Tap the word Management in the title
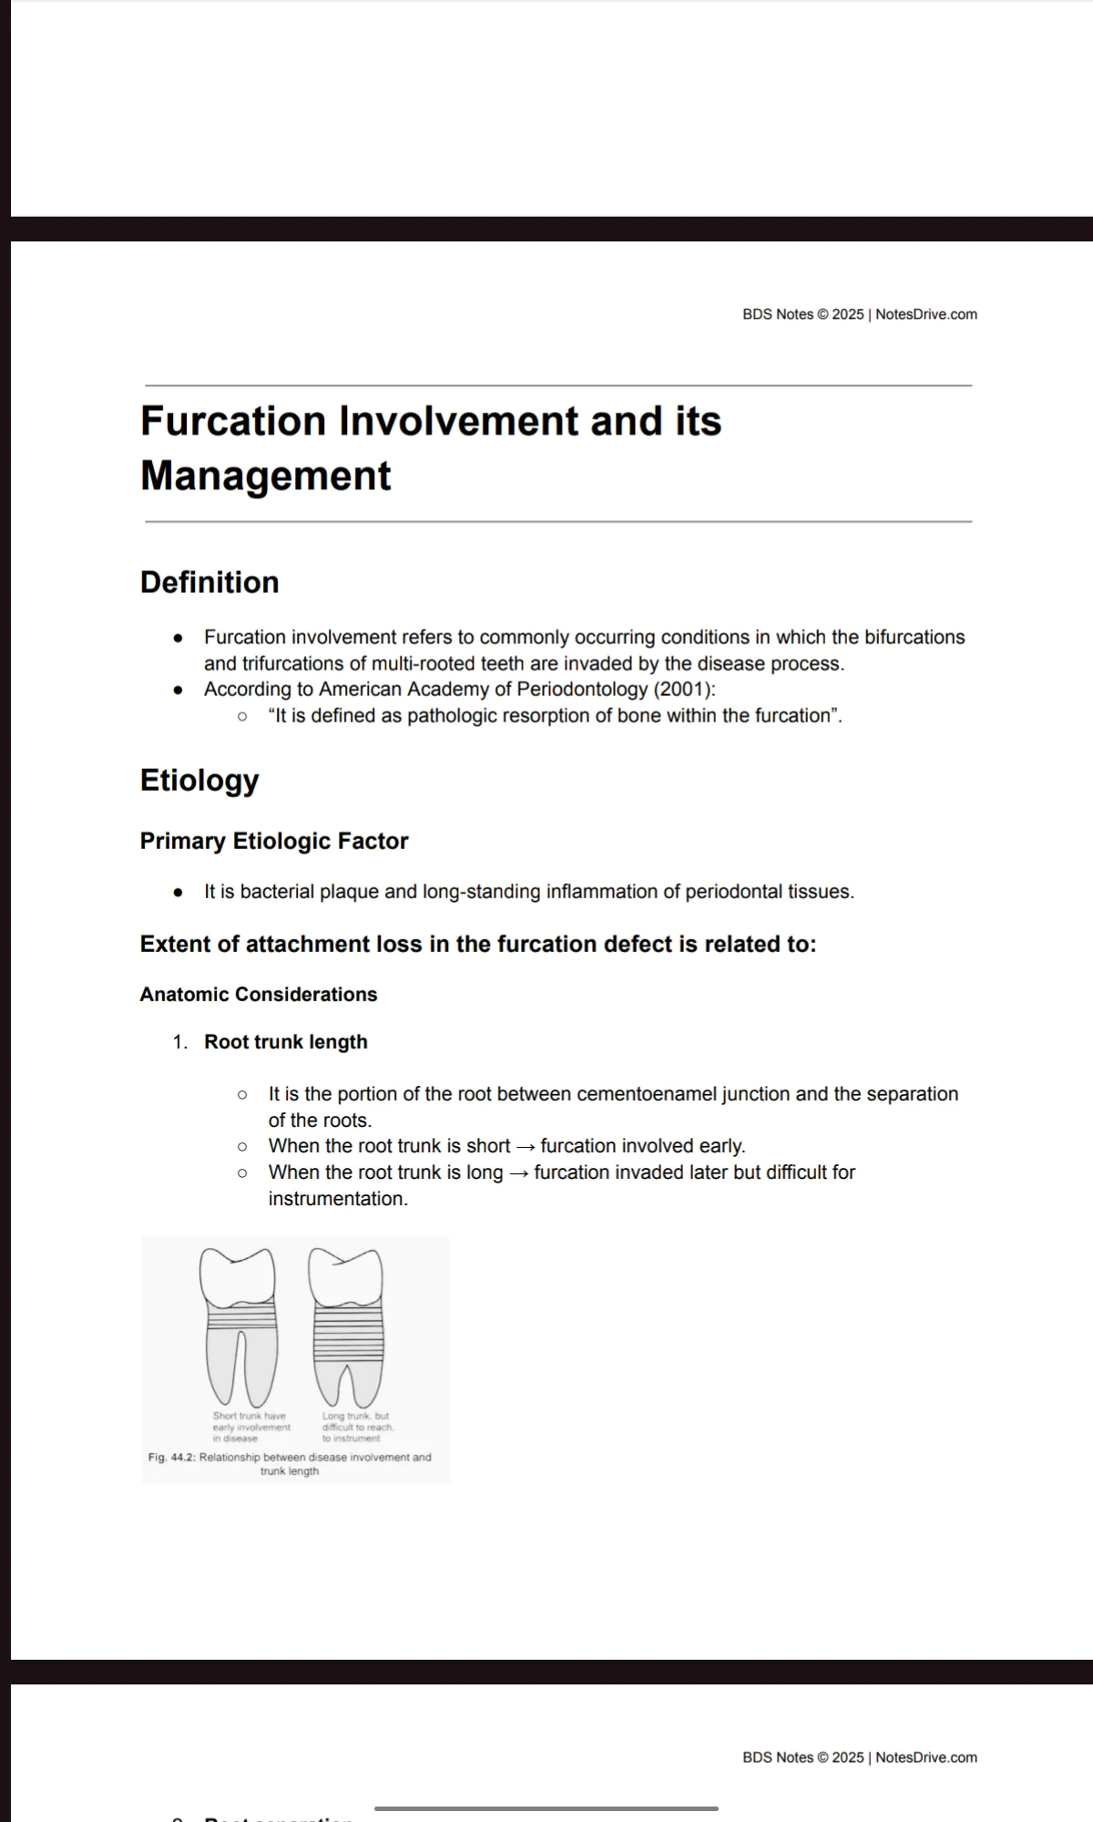(265, 476)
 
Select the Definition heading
(209, 583)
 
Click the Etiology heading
(199, 781)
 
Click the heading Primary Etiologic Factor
(274, 841)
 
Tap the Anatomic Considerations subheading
(259, 995)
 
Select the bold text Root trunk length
(286, 1042)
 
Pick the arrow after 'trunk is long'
(518, 1173)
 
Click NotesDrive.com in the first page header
(926, 314)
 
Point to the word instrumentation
(338, 1199)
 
